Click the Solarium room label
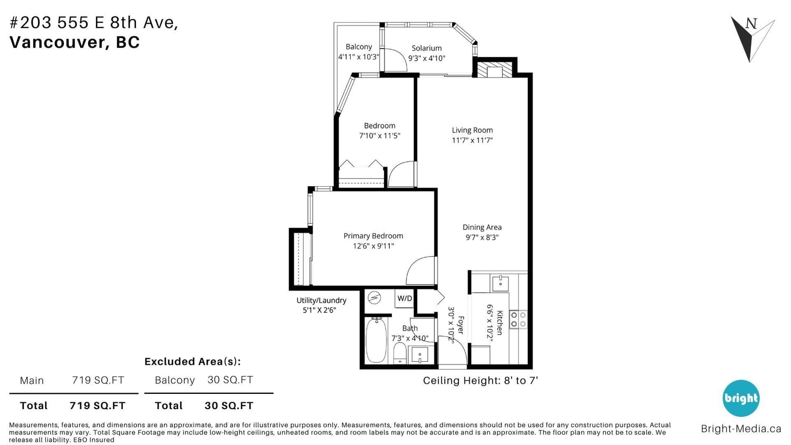(x=427, y=48)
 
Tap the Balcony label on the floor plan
(x=359, y=46)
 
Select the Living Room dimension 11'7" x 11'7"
(x=472, y=140)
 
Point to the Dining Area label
(x=482, y=227)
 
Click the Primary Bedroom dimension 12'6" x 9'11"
(x=373, y=246)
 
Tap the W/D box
(x=404, y=298)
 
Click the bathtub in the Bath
(x=376, y=340)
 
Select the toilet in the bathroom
(x=400, y=353)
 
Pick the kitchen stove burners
(x=518, y=320)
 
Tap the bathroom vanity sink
(x=419, y=355)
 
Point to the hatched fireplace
(x=495, y=69)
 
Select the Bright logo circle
(x=741, y=399)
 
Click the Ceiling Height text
(x=480, y=381)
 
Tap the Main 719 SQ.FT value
(x=98, y=380)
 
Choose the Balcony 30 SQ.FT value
(x=230, y=380)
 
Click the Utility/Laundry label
(x=321, y=301)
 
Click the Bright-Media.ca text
(x=741, y=429)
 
